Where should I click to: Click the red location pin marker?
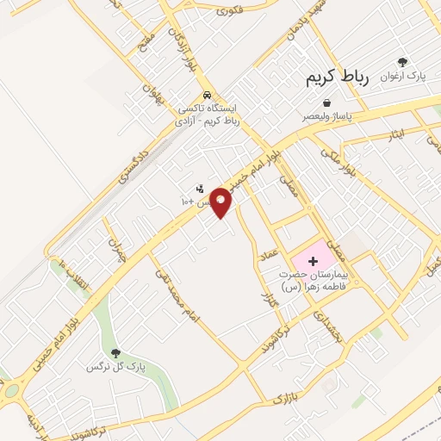pyautogui.click(x=221, y=202)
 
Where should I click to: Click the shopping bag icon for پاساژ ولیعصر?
pyautogui.click(x=326, y=102)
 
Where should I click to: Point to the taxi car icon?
pyautogui.click(x=207, y=95)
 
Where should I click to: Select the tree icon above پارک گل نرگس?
pyautogui.click(x=115, y=352)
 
